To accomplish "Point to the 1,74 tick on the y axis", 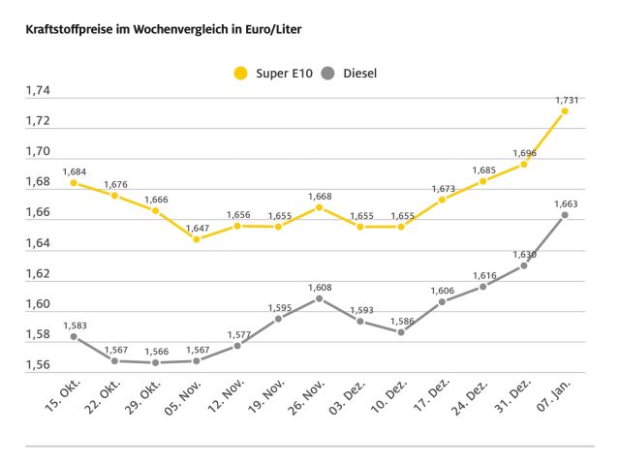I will tap(38, 91).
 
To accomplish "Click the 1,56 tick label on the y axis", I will tap(38, 365).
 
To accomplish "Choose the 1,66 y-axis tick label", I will tap(38, 213).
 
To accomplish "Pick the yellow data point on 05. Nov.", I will tap(197, 238).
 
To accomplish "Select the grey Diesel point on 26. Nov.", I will tap(319, 298).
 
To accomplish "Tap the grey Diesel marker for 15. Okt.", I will tap(74, 336).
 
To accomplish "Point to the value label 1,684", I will tap(75, 171).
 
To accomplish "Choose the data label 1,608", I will tap(319, 287).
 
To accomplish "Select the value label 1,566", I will tap(155, 351).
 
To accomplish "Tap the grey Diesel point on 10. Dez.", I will tap(401, 331).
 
